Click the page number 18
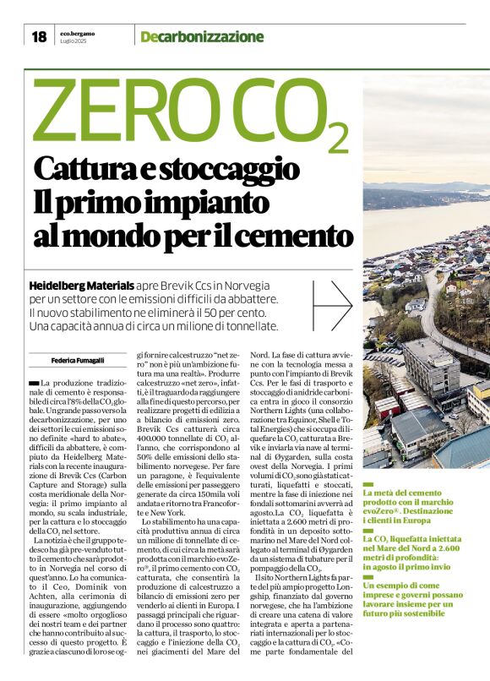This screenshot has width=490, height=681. tap(38, 36)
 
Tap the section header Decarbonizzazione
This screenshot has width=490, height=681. tap(202, 36)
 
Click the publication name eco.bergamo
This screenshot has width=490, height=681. tap(78, 32)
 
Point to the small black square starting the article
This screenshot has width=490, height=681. tap(34, 383)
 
